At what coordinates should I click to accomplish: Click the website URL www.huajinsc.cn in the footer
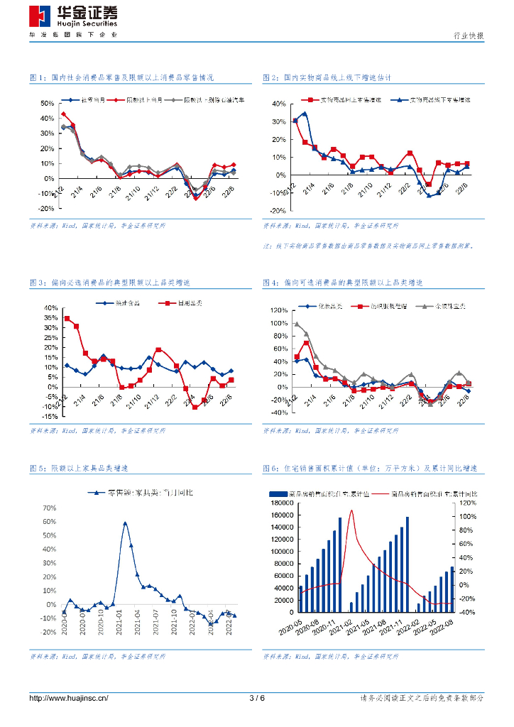[x=69, y=698]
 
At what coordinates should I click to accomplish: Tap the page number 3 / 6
[x=257, y=698]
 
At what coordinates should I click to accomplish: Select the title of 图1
[x=121, y=77]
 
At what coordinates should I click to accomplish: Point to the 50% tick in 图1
[x=48, y=104]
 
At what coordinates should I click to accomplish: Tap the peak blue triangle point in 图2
[x=305, y=114]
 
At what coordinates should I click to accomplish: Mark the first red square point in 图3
[x=67, y=318]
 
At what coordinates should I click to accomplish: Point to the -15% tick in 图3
[x=48, y=417]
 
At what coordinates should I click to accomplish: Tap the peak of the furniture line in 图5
[x=125, y=523]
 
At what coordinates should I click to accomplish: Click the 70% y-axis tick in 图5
[x=48, y=508]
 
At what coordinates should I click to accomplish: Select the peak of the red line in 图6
[x=351, y=511]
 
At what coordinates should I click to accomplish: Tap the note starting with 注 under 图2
[x=368, y=246]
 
